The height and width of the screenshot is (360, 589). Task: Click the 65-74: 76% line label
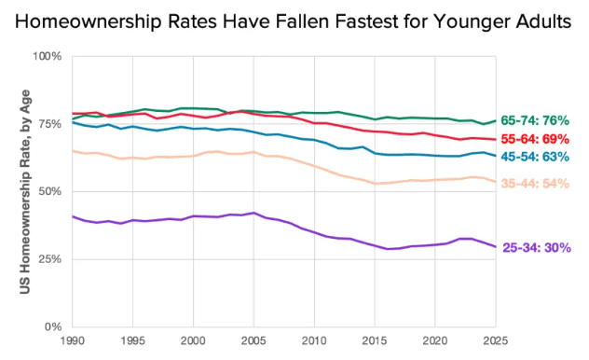click(535, 120)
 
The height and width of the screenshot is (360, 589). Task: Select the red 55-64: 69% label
click(535, 139)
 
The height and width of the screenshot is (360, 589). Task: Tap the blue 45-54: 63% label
click(535, 157)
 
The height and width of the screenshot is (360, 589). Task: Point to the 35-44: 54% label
click(535, 184)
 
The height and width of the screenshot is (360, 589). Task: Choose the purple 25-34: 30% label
click(537, 248)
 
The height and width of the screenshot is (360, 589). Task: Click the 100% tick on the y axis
click(47, 56)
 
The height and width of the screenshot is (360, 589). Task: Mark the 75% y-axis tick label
click(49, 124)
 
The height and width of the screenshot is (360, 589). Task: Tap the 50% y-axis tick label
click(49, 191)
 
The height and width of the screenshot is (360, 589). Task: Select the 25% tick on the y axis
click(49, 259)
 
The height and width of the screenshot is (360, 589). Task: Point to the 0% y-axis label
click(53, 326)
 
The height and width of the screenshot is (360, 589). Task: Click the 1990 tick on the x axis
click(73, 340)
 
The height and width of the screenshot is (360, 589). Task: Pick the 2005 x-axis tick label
click(253, 340)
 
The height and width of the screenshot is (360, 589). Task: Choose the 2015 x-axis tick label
click(375, 340)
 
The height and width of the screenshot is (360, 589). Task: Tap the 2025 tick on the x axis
click(496, 340)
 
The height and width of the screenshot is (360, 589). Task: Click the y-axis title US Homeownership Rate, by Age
click(25, 191)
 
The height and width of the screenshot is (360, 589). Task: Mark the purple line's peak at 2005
click(253, 213)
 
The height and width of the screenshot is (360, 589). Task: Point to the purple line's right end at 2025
click(496, 247)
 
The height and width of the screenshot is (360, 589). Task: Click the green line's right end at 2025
click(496, 121)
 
